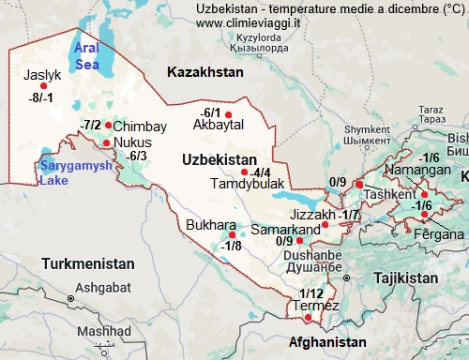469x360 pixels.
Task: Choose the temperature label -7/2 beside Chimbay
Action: click(x=91, y=125)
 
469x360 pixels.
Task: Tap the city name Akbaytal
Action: click(x=218, y=125)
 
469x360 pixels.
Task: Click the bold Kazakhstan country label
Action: click(x=204, y=71)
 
